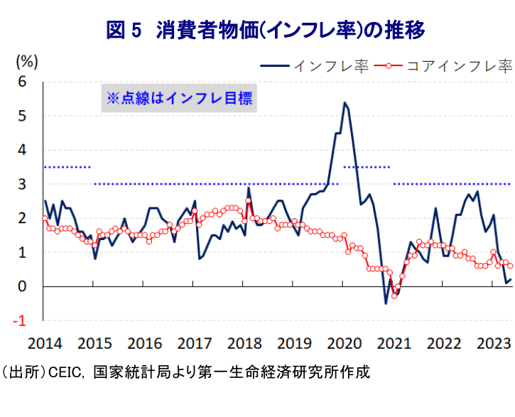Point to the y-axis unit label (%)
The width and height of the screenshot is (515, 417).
pos(26,61)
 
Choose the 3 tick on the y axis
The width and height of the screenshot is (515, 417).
pos(21,184)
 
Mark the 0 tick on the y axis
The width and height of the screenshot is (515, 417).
pos(21,286)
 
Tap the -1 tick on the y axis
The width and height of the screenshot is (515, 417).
pos(20,320)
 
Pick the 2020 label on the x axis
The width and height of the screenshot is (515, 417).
pos(345,344)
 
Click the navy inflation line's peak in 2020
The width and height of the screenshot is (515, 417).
pos(345,102)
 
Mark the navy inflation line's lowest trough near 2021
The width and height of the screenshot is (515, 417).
pos(386,303)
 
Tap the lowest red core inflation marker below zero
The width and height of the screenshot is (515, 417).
pos(394,296)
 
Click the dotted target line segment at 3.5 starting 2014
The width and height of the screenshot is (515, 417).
pos(67,167)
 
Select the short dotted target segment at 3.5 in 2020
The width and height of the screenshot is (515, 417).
pos(367,167)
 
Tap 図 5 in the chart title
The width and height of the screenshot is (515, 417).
pos(124,31)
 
